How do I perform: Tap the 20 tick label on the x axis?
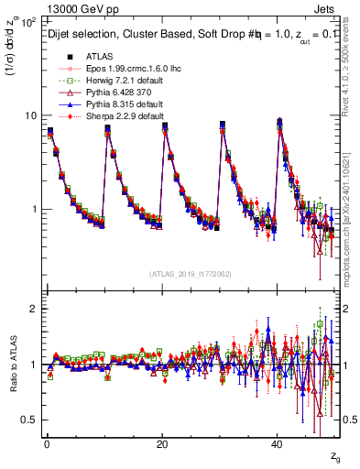tap(161, 445)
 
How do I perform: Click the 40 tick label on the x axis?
tap(277, 445)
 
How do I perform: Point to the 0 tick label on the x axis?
tap(46, 445)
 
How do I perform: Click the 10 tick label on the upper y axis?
tap(30, 115)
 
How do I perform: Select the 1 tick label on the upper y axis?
tap(34, 209)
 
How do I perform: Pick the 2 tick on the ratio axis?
tap(34, 309)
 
